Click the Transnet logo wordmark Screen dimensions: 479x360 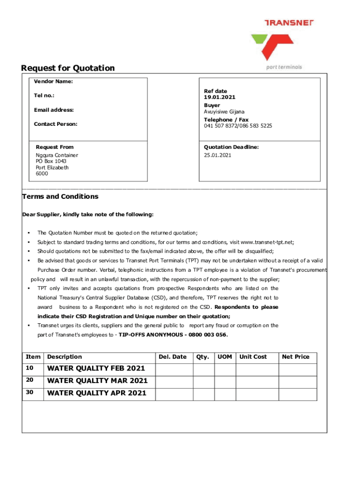click(289, 22)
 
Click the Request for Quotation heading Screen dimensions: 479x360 click(68, 68)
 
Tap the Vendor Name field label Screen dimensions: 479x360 click(53, 81)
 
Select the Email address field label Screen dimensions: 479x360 click(54, 110)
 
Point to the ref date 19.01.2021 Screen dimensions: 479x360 click(220, 97)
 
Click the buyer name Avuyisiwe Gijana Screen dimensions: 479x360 click(224, 112)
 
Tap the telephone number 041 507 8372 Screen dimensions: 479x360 click(219, 126)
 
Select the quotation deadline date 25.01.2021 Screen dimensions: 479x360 click(218, 155)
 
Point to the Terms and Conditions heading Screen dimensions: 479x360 click(60, 196)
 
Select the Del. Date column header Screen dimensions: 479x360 click(173, 357)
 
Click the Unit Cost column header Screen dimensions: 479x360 click(253, 357)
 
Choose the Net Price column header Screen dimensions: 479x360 click(295, 357)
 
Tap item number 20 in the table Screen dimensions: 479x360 click(29, 380)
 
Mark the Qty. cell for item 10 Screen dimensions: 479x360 click(203, 369)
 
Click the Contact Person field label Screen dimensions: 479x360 click(56, 124)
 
